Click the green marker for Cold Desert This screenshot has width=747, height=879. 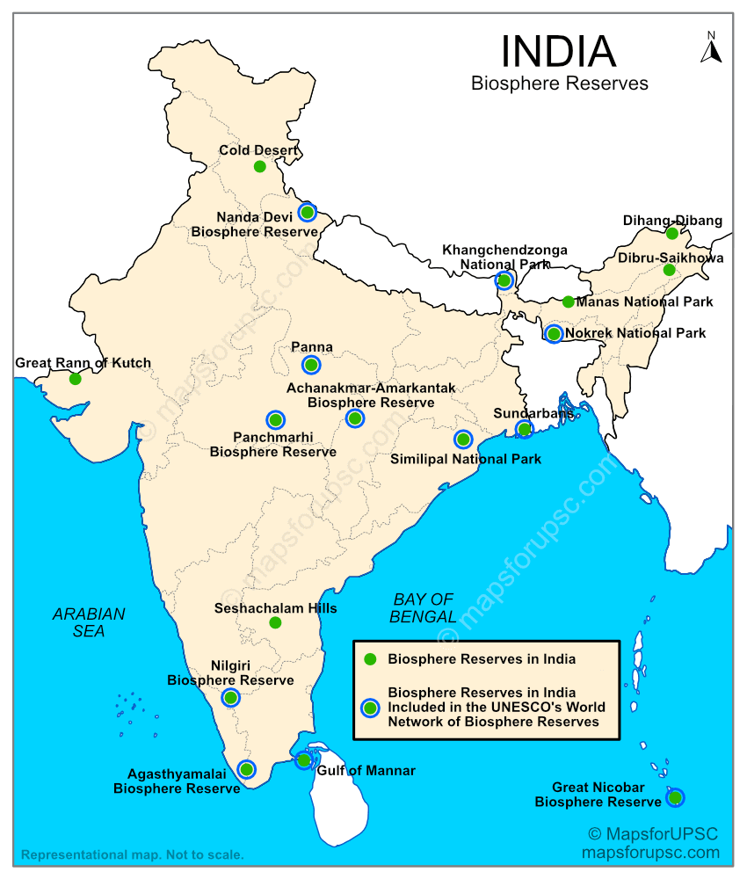(259, 166)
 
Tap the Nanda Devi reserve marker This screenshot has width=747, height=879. (307, 212)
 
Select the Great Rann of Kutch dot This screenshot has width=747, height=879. (75, 379)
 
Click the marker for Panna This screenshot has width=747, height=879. (311, 365)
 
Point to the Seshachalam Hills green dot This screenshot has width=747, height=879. (275, 622)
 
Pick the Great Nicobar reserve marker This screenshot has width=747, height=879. (675, 798)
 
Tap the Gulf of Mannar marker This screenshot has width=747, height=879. (303, 760)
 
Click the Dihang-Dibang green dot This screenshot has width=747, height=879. (672, 233)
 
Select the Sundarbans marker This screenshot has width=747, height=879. (524, 429)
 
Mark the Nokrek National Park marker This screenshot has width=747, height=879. (554, 334)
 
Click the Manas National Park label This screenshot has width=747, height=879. (644, 301)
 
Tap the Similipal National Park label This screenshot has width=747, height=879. (466, 459)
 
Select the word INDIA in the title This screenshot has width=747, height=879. (558, 52)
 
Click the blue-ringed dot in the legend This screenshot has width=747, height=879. (370, 708)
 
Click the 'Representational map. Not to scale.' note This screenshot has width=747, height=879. (133, 854)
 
